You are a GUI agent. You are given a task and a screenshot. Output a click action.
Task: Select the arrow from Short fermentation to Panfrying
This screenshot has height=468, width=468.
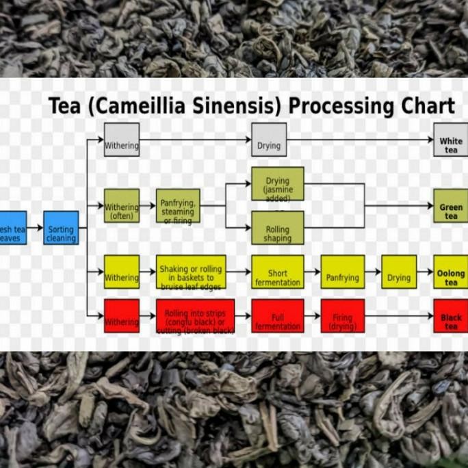(312, 272)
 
